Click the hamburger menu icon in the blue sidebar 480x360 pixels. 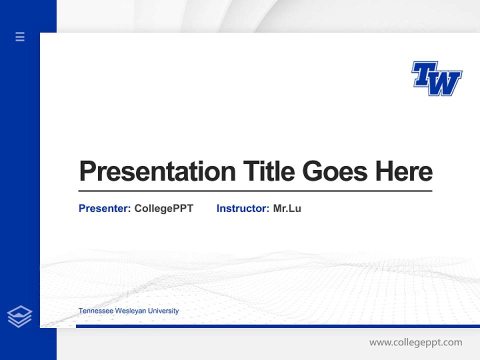pyautogui.click(x=20, y=36)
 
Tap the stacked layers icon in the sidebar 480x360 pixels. pyautogui.click(x=19, y=316)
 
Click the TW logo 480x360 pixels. pyautogui.click(x=436, y=78)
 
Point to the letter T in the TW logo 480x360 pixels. pyautogui.click(x=423, y=74)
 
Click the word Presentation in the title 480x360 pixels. pyautogui.click(x=157, y=171)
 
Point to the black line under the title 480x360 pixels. pyautogui.click(x=255, y=191)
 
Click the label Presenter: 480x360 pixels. pyautogui.click(x=104, y=208)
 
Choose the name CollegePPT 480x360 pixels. pyautogui.click(x=163, y=208)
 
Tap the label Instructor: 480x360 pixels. pyautogui.click(x=242, y=208)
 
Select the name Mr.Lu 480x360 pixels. pyautogui.click(x=287, y=208)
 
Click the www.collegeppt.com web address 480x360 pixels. pyautogui.click(x=415, y=342)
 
